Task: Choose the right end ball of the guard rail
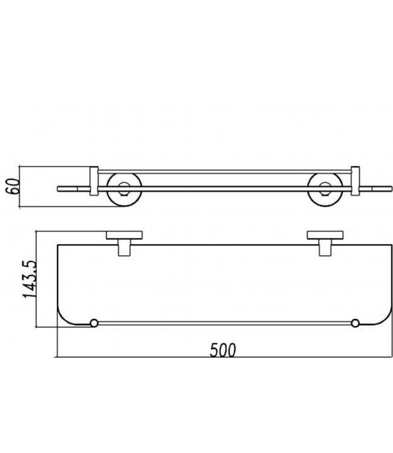pyautogui.click(x=355, y=323)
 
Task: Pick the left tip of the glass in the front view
pyautogui.click(x=59, y=189)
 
